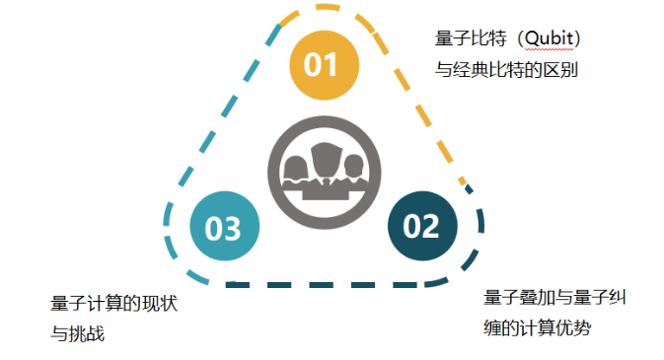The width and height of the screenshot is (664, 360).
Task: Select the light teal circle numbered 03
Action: tap(223, 228)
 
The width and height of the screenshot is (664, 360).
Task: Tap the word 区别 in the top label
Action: tap(576, 69)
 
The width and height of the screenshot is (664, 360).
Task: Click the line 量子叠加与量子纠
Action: tap(558, 297)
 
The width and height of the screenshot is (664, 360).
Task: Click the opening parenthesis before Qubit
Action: tap(515, 39)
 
